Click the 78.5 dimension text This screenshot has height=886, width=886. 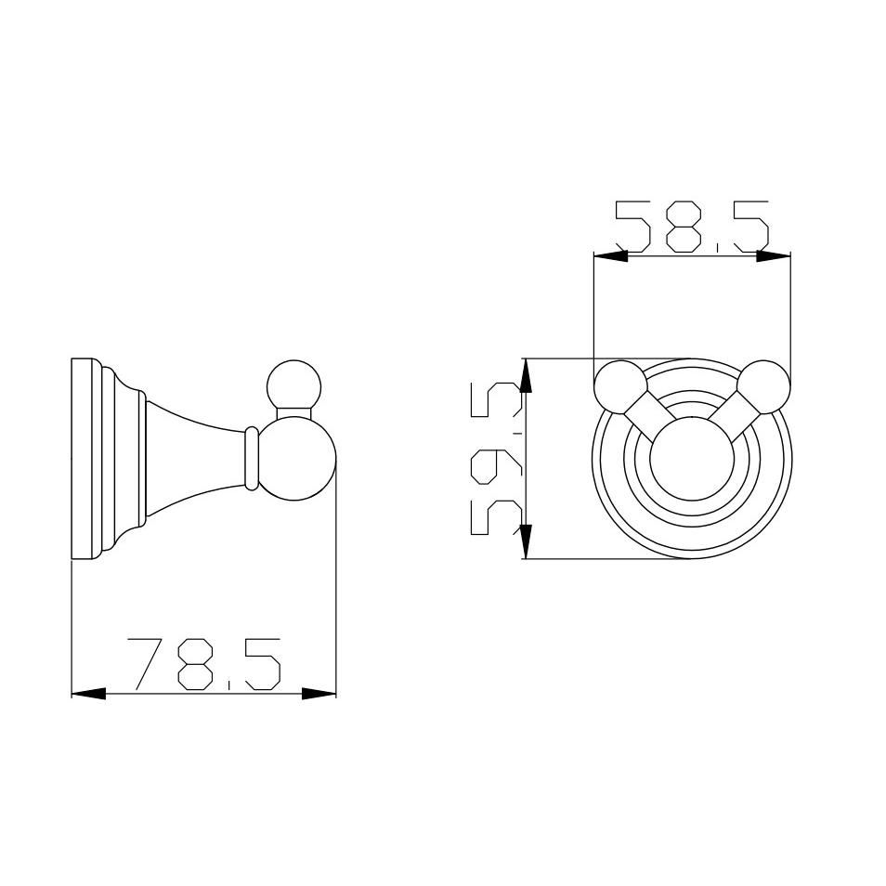pos(204,665)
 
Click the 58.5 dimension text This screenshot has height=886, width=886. pos(692,227)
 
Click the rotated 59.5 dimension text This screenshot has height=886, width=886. pos(496,458)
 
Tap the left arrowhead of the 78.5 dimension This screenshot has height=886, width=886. pos(89,694)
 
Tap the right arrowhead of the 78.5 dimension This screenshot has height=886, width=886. pos(319,694)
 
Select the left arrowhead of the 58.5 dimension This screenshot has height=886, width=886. pos(611,256)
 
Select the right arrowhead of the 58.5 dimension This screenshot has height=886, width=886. pos(774,256)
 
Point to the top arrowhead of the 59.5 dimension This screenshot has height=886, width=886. pos(526,376)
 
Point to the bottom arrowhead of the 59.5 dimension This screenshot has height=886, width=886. pos(526,541)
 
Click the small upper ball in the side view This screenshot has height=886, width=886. pos(293,387)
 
